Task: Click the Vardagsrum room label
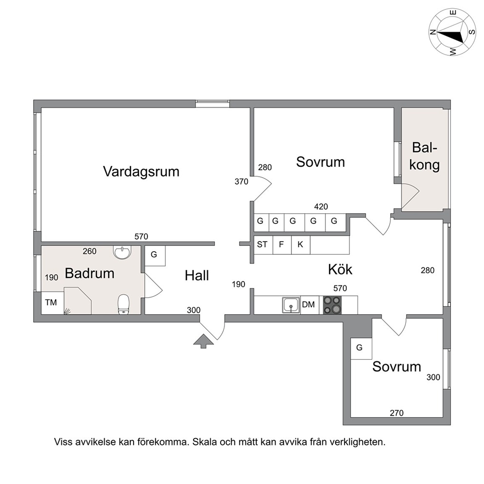pos(141,172)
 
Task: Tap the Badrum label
pos(89,274)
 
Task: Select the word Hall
pos(197,275)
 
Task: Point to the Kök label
pos(340,269)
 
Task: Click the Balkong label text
pos(425,156)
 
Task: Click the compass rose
pos(452,32)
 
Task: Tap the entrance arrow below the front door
pos(203,341)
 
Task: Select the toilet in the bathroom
pos(124,304)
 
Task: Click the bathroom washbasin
pos(122,252)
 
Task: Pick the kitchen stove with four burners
pos(332,305)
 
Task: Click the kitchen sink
pos(291,305)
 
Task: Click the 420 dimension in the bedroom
pos(321,206)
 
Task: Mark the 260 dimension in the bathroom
pos(89,251)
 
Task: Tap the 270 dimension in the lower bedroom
pos(397,413)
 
